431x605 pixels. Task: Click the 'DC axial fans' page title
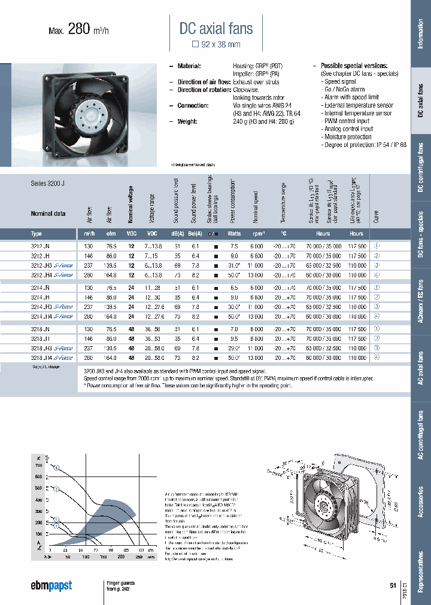216,28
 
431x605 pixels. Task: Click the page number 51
393,586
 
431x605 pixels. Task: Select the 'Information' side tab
420,34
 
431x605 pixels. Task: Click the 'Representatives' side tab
420,567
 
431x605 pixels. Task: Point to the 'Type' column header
37,234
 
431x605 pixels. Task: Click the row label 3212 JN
41,246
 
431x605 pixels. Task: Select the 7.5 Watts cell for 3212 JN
233,246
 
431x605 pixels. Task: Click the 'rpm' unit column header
258,234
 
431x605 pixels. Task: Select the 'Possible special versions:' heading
354,66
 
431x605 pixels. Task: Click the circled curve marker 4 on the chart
56,469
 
